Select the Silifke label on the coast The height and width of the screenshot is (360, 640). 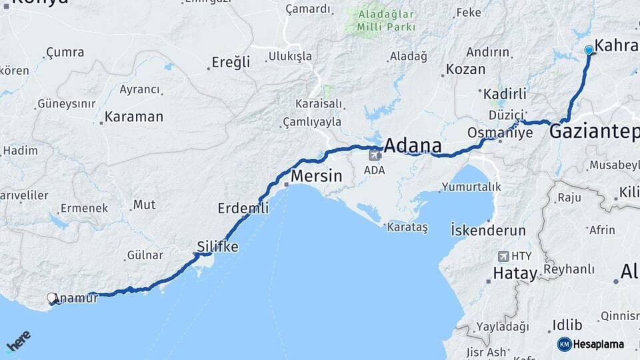coord(217,246)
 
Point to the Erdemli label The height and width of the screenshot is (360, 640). coord(243,208)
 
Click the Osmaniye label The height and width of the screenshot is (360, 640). coord(501,132)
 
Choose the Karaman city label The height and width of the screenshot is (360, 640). coord(134,117)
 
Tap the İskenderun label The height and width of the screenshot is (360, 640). coord(488,230)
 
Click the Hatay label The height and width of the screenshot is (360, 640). coord(515,273)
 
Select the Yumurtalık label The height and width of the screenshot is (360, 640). coord(471,187)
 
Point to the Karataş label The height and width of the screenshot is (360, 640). coord(407,227)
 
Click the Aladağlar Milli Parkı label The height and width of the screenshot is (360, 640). coord(385,20)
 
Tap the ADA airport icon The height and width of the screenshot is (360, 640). coord(375,155)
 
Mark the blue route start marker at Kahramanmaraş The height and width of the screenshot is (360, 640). coord(589,50)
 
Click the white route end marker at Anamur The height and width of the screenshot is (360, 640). coord(52,298)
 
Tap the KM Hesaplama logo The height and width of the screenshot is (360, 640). coord(591,344)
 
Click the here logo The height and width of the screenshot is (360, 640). coord(18,341)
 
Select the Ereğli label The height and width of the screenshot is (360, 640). coord(231,62)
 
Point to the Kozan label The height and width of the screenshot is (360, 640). coord(465,69)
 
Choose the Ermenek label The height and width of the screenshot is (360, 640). coord(84,208)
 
